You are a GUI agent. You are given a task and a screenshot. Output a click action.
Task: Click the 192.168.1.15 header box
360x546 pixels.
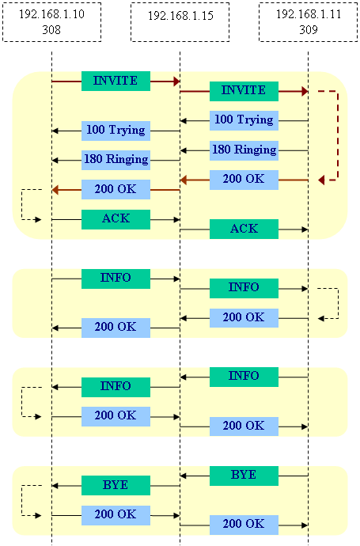click(180, 22)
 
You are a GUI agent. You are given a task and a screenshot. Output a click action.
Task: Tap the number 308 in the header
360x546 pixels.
click(51, 30)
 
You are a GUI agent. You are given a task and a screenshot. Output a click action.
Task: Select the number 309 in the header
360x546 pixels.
click(309, 30)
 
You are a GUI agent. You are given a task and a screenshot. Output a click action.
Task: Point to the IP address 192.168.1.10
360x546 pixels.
click(51, 14)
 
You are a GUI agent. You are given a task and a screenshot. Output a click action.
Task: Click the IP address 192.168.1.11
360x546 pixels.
click(309, 14)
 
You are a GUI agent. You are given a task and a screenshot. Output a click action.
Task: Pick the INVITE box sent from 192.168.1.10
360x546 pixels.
click(116, 82)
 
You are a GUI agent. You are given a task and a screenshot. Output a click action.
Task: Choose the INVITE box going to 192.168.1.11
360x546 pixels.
click(244, 91)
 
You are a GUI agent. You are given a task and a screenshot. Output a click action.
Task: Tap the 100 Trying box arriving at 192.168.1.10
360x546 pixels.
click(116, 131)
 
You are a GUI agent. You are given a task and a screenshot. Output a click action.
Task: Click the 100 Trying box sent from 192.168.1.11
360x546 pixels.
click(244, 121)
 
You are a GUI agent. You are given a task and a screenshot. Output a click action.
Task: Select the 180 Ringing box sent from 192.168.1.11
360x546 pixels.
click(244, 150)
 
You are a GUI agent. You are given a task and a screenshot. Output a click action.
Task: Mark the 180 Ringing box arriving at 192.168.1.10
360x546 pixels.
click(116, 160)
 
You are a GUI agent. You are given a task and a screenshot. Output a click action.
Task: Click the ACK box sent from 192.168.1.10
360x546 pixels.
click(116, 219)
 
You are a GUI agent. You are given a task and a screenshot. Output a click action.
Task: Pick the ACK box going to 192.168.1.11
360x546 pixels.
click(244, 229)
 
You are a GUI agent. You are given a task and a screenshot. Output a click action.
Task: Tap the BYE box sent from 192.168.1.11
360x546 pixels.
click(244, 476)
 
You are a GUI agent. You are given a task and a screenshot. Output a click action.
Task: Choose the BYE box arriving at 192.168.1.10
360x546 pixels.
click(116, 485)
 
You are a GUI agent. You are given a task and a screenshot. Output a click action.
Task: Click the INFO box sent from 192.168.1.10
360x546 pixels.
click(116, 279)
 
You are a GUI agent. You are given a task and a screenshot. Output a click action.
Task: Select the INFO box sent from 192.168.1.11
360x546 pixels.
click(244, 377)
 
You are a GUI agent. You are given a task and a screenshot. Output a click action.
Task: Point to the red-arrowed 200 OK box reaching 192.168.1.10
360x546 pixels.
click(116, 189)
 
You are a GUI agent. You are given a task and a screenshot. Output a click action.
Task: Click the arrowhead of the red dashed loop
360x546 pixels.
click(321, 180)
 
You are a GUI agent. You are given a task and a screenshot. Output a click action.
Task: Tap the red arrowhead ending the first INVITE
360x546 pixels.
click(176, 82)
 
